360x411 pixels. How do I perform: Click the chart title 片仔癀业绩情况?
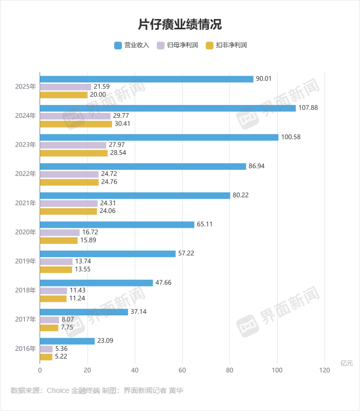(180, 24)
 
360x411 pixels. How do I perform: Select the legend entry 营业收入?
(132, 45)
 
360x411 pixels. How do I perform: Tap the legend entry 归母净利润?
(177, 45)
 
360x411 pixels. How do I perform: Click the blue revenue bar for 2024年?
(168, 108)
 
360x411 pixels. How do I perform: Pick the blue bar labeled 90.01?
(147, 79)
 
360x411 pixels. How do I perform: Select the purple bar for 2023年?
(73, 145)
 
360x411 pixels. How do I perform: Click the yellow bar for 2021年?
(68, 211)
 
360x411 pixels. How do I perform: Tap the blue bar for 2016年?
(67, 341)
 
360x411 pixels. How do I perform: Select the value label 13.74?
(84, 261)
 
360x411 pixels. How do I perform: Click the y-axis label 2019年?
(26, 261)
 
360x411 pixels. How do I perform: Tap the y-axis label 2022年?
(26, 174)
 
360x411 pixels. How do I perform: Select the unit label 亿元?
(347, 363)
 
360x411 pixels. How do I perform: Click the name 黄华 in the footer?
(176, 391)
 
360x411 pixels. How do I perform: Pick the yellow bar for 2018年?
(53, 298)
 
